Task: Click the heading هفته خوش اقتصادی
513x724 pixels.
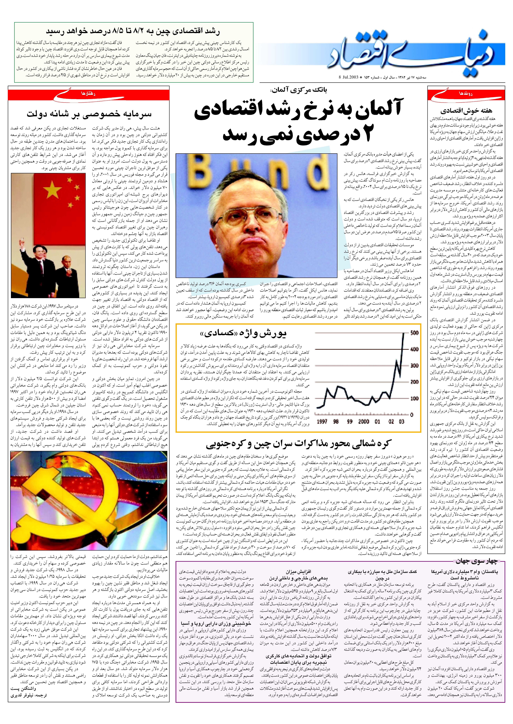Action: (466, 111)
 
